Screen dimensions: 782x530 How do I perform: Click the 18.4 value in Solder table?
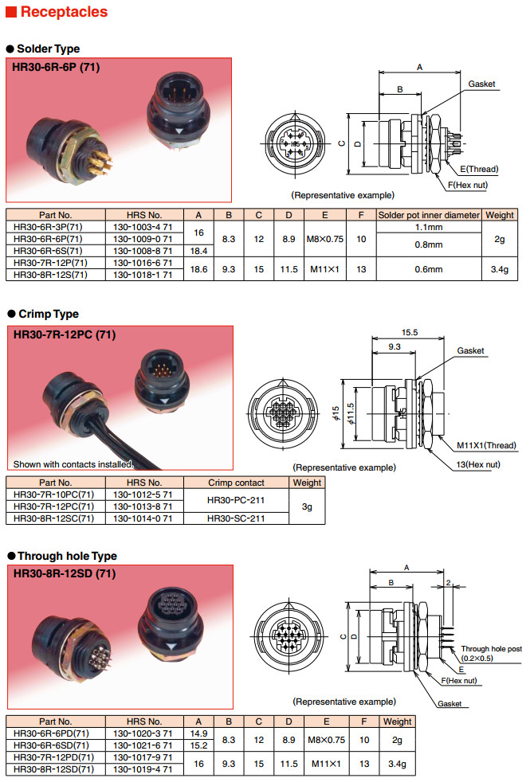198,250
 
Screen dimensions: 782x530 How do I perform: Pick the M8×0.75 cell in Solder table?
325,238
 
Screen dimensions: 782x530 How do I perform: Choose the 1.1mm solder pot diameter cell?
429,227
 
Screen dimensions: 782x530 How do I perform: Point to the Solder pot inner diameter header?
429,215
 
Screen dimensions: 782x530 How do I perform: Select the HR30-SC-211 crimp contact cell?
236,518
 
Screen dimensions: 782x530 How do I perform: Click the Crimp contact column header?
236,483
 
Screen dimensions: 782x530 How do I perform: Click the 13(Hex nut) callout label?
478,463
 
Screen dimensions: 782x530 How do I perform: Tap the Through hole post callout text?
491,649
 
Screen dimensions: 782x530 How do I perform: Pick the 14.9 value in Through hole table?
198,733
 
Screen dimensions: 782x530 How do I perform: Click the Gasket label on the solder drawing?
481,84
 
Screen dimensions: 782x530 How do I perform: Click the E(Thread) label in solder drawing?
479,169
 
